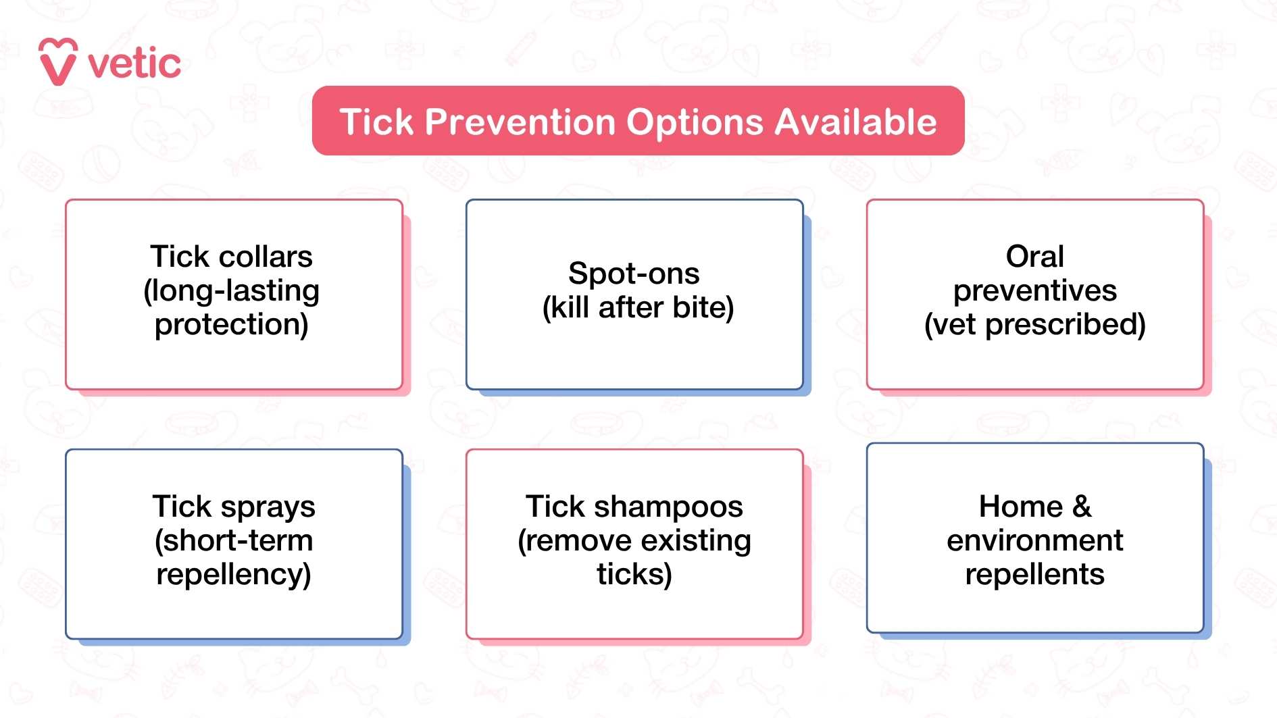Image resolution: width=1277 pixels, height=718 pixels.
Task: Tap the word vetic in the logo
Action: click(x=134, y=64)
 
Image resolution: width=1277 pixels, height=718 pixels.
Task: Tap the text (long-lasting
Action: click(x=231, y=291)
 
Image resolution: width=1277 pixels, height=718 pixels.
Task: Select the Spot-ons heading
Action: click(x=634, y=274)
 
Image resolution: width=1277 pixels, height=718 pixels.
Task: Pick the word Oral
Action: click(x=1034, y=257)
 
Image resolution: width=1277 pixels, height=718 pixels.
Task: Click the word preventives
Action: click(x=1034, y=291)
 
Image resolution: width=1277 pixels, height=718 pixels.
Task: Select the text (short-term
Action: click(x=234, y=540)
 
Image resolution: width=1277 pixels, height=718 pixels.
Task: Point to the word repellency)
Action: click(x=234, y=575)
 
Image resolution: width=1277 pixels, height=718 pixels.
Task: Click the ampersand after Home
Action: click(x=1081, y=507)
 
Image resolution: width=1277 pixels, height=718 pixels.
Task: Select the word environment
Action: click(x=1034, y=540)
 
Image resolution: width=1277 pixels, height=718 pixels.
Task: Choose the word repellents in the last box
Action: click(x=1034, y=574)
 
